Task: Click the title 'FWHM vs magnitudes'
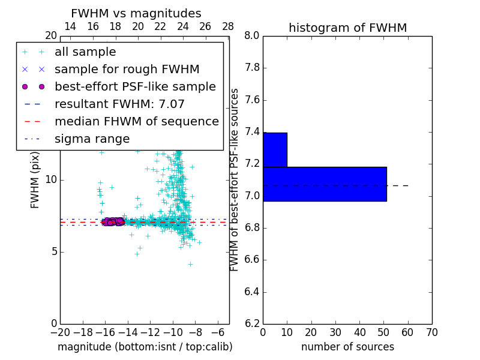[x=136, y=14]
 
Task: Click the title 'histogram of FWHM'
[x=347, y=28]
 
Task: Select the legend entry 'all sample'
[x=85, y=52]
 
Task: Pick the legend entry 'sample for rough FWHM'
[x=127, y=70]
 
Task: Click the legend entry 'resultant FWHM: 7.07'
[x=119, y=104]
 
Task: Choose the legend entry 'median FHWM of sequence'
[x=136, y=122]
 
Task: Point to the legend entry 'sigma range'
[x=92, y=139]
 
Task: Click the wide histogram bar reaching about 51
[x=325, y=184]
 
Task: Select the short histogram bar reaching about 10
[x=275, y=149]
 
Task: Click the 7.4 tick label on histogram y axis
[x=251, y=132]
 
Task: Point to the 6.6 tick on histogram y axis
[x=251, y=260]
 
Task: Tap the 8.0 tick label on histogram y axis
[x=251, y=36]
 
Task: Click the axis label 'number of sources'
[x=347, y=347]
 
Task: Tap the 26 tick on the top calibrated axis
[x=205, y=26]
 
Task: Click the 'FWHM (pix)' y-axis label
[x=35, y=180]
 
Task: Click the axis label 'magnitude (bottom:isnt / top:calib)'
[x=145, y=347]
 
